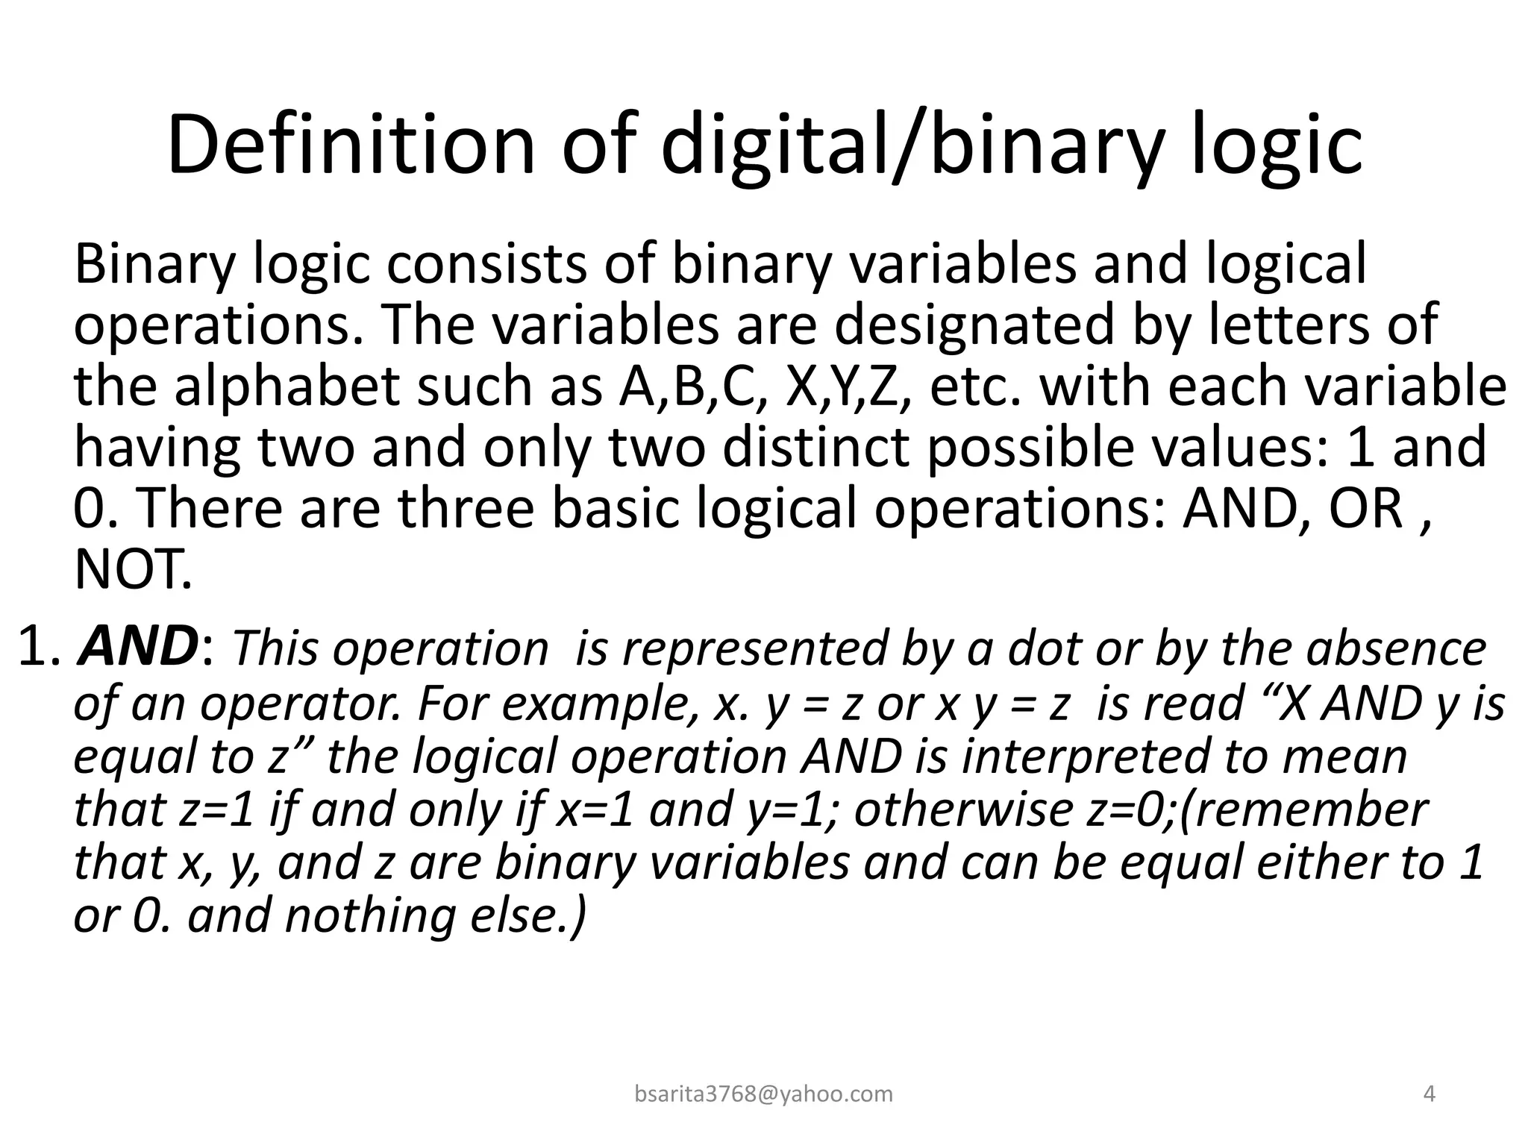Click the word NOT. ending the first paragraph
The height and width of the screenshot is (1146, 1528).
click(133, 569)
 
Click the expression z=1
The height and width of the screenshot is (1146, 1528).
click(216, 809)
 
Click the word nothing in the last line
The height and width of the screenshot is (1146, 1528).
click(369, 915)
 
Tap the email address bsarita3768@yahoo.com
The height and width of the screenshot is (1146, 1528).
click(763, 1094)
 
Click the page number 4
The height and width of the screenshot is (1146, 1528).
click(1430, 1094)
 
